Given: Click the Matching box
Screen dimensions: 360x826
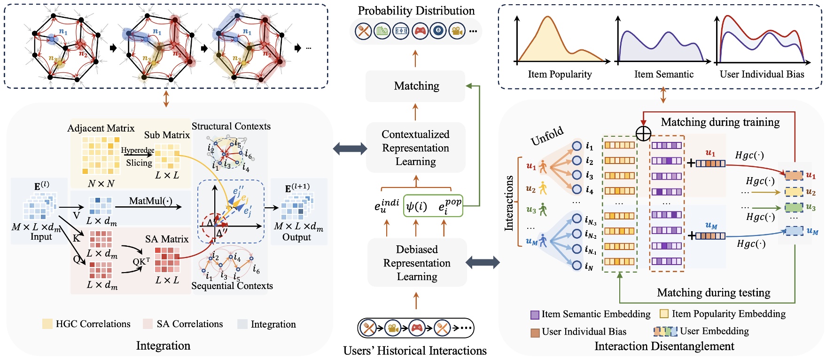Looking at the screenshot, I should pyautogui.click(x=416, y=86).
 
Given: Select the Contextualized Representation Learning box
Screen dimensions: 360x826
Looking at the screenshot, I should pyautogui.click(x=415, y=148).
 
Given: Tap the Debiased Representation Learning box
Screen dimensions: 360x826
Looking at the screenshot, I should pyautogui.click(x=417, y=263).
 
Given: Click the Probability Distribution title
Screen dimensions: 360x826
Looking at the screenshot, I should pyautogui.click(x=416, y=11).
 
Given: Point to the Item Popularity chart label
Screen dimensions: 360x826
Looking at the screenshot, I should pyautogui.click(x=560, y=74).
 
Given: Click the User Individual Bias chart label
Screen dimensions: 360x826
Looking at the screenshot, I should pyautogui.click(x=762, y=74).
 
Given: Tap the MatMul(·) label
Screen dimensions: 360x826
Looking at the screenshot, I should pyautogui.click(x=150, y=201).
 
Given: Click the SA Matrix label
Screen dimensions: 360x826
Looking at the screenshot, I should pyautogui.click(x=166, y=239).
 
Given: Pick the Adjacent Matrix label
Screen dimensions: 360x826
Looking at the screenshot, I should pyautogui.click(x=101, y=128).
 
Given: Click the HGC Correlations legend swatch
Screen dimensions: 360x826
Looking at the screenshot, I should pyautogui.click(x=47, y=324).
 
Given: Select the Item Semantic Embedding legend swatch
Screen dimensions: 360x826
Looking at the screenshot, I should pyautogui.click(x=535, y=314).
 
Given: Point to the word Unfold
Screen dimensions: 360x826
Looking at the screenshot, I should pyautogui.click(x=547, y=136).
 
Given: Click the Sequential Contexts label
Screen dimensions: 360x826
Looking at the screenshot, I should pyautogui.click(x=232, y=286).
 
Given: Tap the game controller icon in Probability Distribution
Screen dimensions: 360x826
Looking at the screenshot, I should pyautogui.click(x=420, y=31).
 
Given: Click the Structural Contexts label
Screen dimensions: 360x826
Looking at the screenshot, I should pyautogui.click(x=231, y=126).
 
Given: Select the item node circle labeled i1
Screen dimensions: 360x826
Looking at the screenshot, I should pyautogui.click(x=577, y=146).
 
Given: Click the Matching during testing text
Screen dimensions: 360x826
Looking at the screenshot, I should pyautogui.click(x=713, y=293).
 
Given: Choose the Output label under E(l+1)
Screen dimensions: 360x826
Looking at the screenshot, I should pyautogui.click(x=296, y=237).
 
